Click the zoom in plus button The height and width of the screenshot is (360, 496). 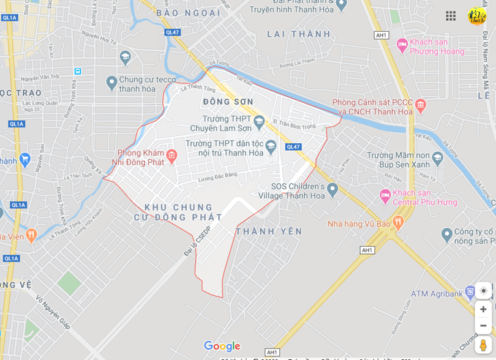point(483,309)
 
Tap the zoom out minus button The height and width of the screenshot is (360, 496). point(483,325)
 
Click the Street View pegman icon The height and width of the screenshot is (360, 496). point(483,345)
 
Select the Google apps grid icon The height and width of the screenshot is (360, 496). point(451,16)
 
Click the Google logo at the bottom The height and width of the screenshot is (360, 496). point(222,347)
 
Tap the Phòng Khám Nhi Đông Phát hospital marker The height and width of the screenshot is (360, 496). point(171,156)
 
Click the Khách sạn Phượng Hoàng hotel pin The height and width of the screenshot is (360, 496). point(402,44)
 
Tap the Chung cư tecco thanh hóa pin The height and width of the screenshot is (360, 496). point(111,81)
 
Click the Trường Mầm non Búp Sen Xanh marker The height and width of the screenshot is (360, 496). point(437,158)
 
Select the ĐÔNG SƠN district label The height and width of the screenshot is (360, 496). point(228,102)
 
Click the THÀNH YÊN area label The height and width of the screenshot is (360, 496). point(269,231)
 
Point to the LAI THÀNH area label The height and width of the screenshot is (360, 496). point(299,34)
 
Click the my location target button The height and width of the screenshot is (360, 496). point(483,291)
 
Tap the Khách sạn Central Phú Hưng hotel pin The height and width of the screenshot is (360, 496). point(385,197)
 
